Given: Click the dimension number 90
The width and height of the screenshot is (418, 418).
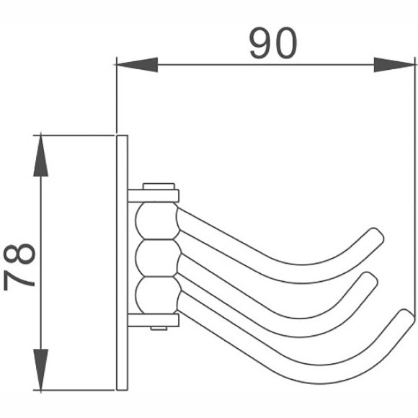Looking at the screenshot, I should tap(272, 44).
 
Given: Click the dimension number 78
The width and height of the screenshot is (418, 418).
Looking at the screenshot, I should tap(21, 265).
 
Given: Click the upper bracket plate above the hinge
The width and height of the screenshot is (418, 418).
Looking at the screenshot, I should tap(154, 195).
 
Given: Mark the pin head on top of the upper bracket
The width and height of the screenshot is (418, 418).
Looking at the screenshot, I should tap(159, 184).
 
